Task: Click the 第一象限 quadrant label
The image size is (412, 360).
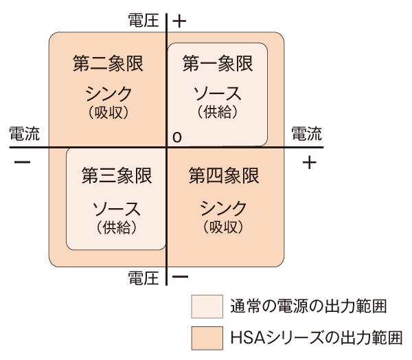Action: click(218, 64)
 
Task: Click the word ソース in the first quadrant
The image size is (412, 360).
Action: click(218, 93)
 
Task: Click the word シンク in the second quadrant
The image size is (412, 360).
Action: click(108, 93)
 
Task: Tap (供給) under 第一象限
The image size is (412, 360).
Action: click(218, 110)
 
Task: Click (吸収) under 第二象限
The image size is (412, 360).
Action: click(108, 110)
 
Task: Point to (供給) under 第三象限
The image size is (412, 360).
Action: click(116, 225)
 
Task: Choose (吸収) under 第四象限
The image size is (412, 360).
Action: click(224, 225)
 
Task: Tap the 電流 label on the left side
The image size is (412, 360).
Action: click(23, 134)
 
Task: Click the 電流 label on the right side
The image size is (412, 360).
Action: click(307, 134)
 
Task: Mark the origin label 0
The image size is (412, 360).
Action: click(177, 138)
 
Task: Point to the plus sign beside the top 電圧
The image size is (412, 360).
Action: click(179, 20)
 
